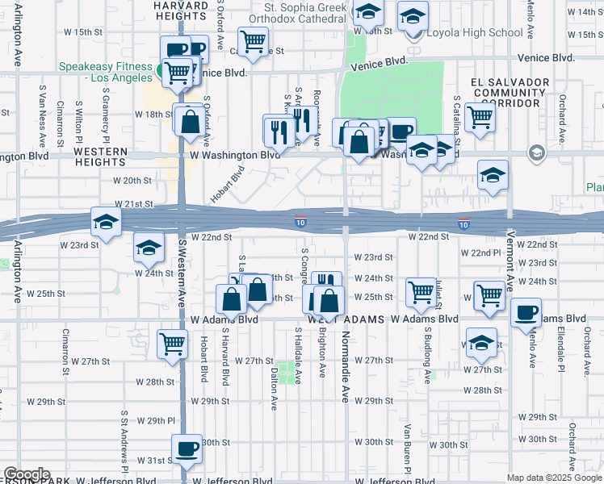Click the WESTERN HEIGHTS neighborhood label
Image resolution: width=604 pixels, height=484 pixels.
(101, 157)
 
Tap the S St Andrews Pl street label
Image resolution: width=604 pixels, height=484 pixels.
(125, 440)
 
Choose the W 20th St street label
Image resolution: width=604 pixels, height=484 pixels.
(132, 181)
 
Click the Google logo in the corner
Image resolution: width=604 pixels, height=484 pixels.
(26, 475)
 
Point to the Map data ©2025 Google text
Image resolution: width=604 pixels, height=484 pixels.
(553, 478)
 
